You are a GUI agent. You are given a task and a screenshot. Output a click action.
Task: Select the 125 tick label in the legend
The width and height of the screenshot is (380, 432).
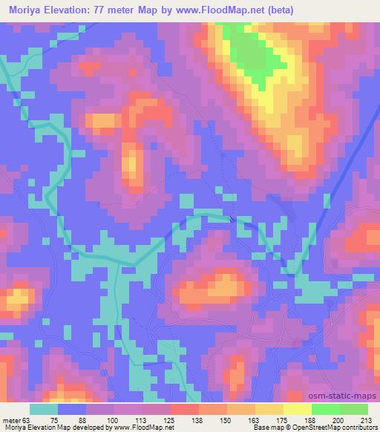point(170,420)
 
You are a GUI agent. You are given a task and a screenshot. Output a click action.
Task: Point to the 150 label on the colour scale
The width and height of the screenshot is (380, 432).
point(226,420)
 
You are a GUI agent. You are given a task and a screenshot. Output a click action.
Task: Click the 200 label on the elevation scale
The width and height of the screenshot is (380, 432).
point(339,420)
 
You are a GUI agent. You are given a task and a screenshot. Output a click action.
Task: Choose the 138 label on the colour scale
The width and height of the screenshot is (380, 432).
point(198,420)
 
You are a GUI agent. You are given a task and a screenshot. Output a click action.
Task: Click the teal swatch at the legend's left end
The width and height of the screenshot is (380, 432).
point(44,409)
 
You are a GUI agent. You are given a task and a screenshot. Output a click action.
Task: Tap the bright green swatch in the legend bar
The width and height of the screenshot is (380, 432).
point(325,409)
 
